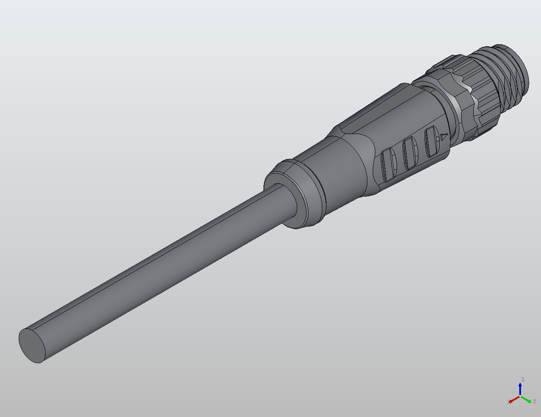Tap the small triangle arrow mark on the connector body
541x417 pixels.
[x=444, y=136]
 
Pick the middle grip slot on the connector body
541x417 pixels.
[x=410, y=153]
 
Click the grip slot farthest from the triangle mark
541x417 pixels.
[x=389, y=164]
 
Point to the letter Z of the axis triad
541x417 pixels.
[x=522, y=379]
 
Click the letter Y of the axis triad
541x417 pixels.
[x=535, y=402]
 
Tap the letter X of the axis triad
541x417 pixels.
[x=509, y=402]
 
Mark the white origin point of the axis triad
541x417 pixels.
[x=520, y=396]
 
